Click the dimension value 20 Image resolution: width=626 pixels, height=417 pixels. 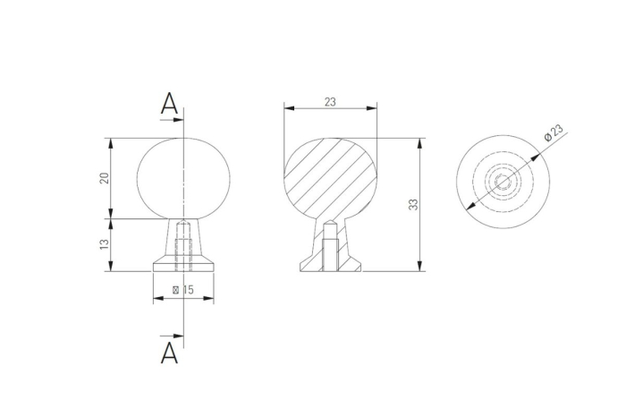[x=104, y=177]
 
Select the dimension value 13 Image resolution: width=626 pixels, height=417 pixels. [x=104, y=243]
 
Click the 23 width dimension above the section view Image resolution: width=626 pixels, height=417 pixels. [x=329, y=102]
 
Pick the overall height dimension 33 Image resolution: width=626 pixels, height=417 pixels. [x=413, y=204]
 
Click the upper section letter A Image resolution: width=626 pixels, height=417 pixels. [x=169, y=104]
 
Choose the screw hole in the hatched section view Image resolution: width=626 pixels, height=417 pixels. [x=329, y=251]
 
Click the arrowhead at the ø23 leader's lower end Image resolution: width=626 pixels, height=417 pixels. [x=469, y=208]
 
